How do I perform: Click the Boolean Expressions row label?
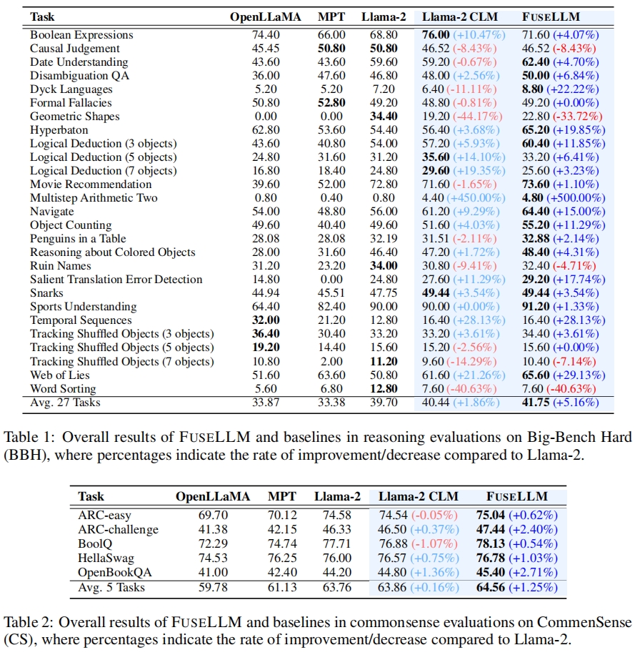point(81,34)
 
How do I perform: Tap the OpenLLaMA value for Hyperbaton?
point(255,129)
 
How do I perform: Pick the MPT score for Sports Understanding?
point(331,306)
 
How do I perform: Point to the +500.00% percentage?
point(576,197)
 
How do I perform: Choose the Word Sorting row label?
point(62,388)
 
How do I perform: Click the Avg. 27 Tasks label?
point(65,402)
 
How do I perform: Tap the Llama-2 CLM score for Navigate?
point(436,211)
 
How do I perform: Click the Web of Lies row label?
point(59,374)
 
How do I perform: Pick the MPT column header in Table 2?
point(281,496)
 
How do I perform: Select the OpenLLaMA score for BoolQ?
point(212,543)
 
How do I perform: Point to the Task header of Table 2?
point(91,496)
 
